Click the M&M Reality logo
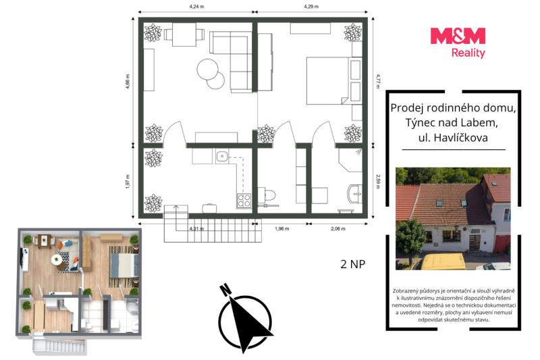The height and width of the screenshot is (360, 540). click(x=458, y=43)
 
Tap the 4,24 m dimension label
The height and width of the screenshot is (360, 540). click(x=196, y=6)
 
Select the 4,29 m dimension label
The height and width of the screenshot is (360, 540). click(x=311, y=6)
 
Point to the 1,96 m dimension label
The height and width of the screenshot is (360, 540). click(x=281, y=228)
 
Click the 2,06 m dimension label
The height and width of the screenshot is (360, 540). click(x=338, y=228)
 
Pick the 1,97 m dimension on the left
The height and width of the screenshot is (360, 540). click(x=128, y=182)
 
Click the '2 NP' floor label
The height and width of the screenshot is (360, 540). click(x=352, y=264)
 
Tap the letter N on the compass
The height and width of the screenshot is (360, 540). click(x=225, y=290)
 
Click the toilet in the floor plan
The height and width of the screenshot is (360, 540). click(x=267, y=196)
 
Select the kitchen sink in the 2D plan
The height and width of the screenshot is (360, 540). click(x=223, y=157)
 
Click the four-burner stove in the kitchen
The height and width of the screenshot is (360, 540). click(x=244, y=201)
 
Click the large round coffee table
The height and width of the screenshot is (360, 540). click(x=207, y=70)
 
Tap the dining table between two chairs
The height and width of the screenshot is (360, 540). click(x=184, y=34)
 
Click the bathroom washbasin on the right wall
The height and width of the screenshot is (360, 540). click(x=356, y=195)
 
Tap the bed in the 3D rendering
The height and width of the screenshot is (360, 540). click(x=124, y=265)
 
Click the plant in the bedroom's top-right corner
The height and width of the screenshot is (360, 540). click(x=353, y=32)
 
